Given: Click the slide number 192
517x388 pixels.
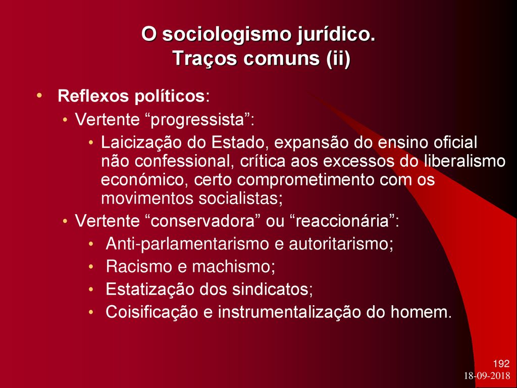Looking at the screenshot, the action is tap(501, 364).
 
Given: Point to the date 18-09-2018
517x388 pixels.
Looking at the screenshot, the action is tap(487, 376).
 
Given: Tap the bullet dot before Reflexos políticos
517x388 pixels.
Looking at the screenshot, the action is tap(39, 96).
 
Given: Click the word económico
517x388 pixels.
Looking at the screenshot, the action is tap(144, 180).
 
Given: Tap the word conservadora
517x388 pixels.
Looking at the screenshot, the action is tap(203, 221).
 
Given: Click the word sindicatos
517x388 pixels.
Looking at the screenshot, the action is tap(271, 289).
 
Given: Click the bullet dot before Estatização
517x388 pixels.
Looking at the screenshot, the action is tap(91, 289).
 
